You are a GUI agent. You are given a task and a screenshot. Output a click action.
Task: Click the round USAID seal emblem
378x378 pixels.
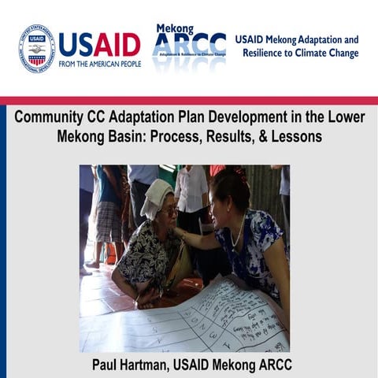(x=36, y=48)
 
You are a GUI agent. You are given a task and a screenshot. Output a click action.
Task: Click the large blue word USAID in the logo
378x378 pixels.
(x=99, y=44)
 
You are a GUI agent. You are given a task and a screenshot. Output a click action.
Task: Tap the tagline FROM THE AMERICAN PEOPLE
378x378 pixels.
(x=100, y=64)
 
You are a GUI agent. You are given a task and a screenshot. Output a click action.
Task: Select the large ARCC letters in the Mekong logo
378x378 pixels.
(x=189, y=45)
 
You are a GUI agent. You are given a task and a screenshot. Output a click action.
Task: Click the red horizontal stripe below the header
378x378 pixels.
(x=189, y=100)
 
